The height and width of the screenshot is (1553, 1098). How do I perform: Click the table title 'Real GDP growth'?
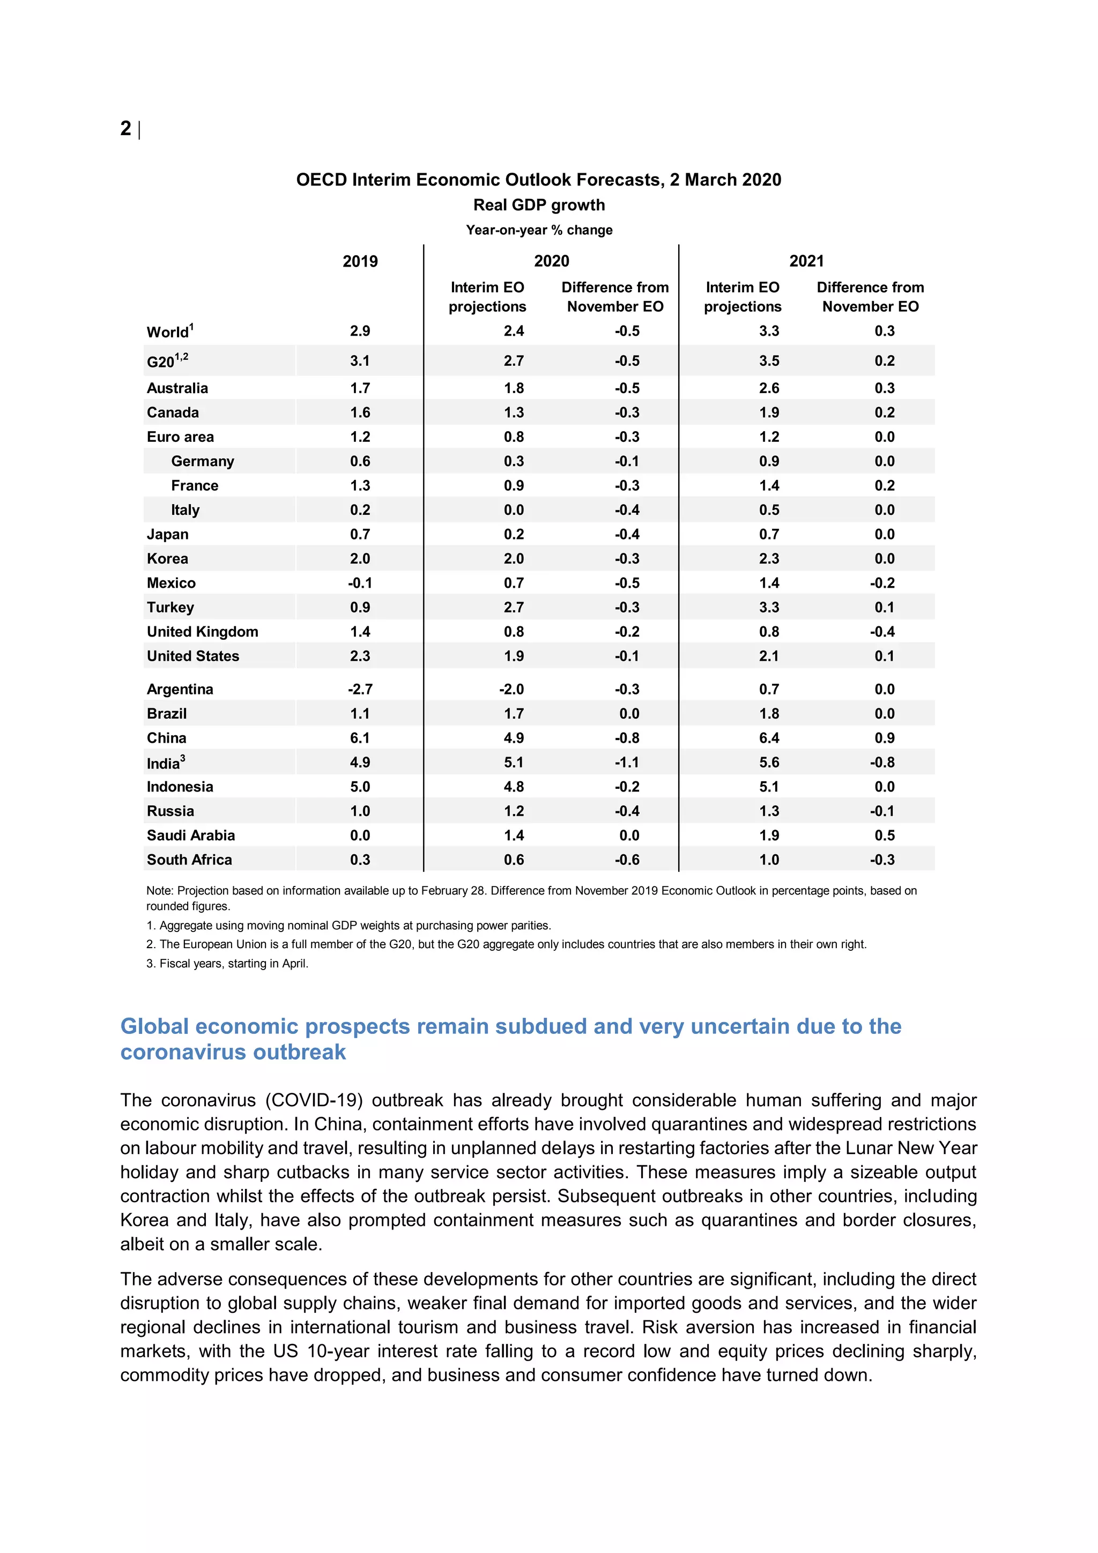click(539, 205)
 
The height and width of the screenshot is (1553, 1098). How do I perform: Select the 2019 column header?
click(360, 261)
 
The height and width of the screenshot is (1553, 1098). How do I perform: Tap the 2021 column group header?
click(806, 261)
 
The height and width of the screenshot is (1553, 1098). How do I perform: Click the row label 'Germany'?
click(202, 461)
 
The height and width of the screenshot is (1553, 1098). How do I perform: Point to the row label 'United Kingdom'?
click(202, 632)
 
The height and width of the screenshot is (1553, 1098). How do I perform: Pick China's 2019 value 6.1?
click(360, 738)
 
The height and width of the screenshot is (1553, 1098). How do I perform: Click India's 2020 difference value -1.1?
click(627, 763)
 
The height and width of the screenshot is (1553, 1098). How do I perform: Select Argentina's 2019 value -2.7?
click(360, 689)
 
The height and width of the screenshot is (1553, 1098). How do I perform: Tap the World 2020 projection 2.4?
click(513, 331)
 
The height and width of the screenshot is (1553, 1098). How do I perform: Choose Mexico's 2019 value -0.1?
click(360, 583)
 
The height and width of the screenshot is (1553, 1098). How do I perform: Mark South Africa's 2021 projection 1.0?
click(769, 860)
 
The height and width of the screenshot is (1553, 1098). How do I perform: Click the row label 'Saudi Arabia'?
click(191, 835)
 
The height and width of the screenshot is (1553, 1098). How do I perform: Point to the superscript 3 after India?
click(182, 758)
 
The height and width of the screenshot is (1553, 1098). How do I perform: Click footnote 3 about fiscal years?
click(227, 963)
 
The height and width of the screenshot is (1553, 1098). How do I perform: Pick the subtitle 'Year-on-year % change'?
click(539, 230)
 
